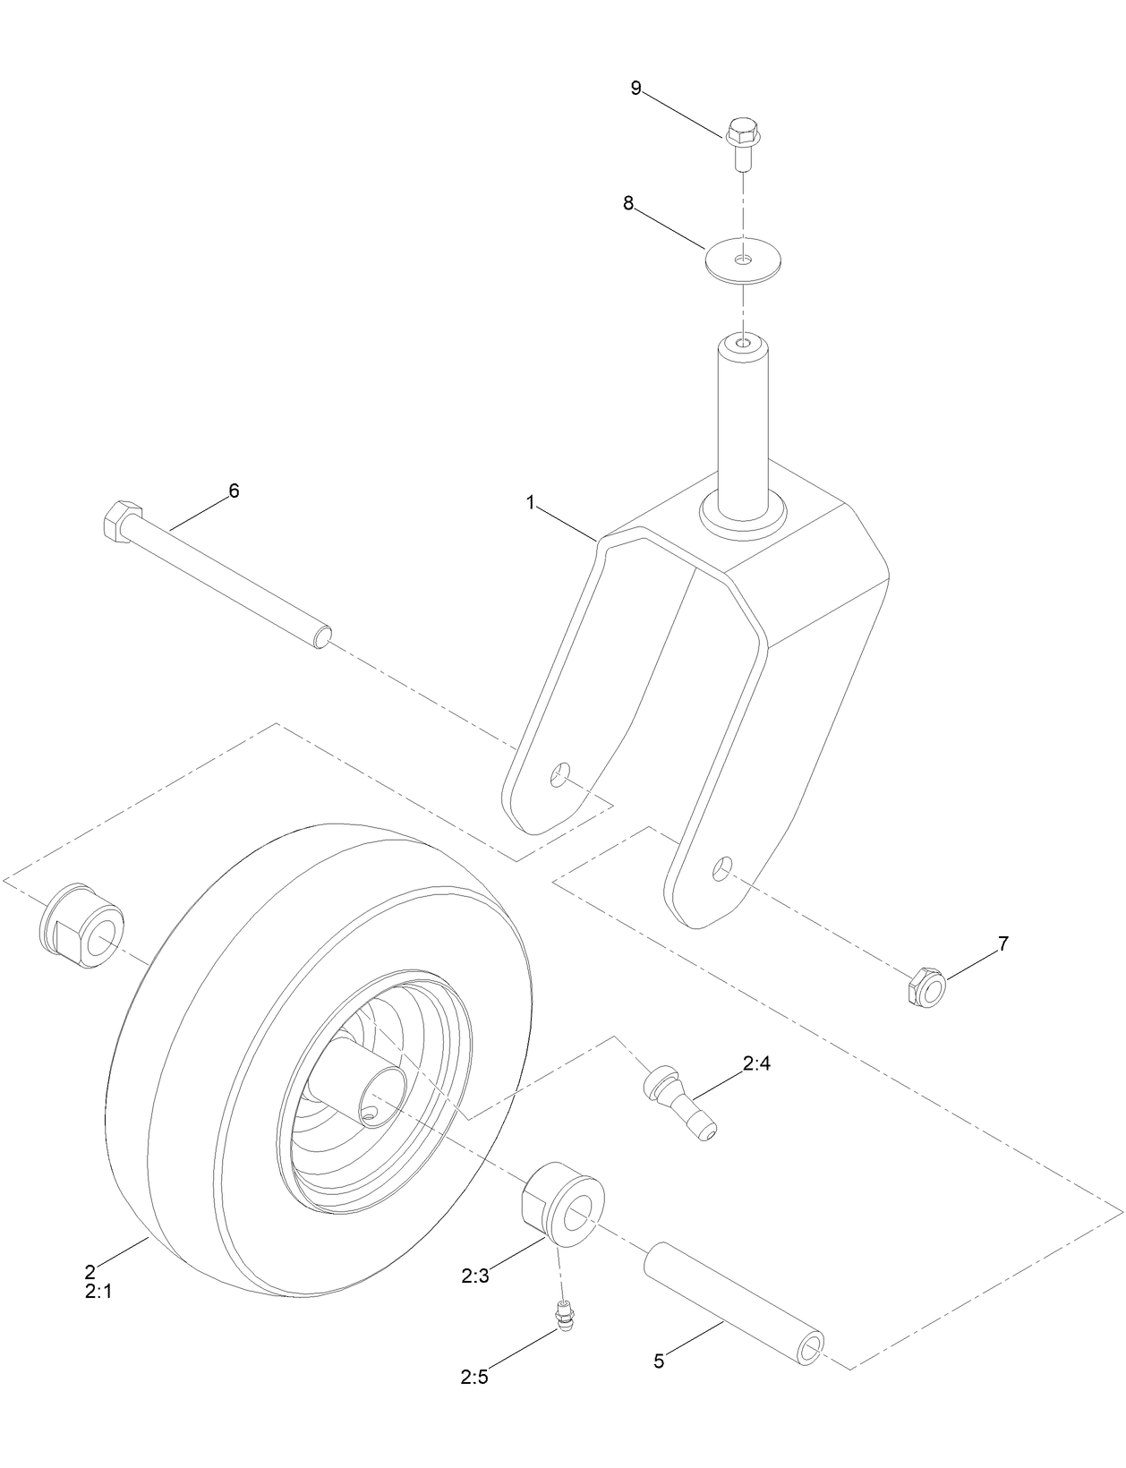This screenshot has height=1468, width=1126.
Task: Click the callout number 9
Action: point(636,88)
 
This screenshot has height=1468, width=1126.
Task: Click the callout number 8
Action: point(628,204)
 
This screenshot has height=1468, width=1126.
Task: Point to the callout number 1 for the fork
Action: point(530,503)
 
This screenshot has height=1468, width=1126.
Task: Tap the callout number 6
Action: point(234,490)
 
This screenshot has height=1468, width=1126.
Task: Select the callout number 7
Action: point(1002,943)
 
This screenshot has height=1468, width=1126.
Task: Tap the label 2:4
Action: point(756,1063)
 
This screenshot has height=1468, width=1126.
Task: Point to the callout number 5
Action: point(659,1361)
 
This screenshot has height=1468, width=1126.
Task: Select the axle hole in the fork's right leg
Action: point(724,866)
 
